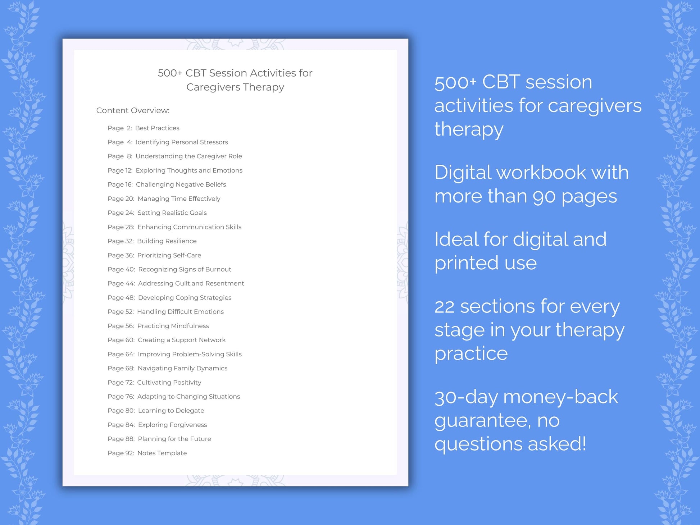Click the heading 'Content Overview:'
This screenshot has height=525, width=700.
pos(133,110)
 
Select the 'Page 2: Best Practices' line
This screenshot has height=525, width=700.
pos(143,128)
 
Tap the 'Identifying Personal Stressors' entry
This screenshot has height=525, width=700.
pos(182,142)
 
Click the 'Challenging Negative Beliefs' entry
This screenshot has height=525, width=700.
pos(181,184)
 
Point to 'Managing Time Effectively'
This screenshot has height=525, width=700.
pos(179,198)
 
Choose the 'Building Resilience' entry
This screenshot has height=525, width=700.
pos(167,241)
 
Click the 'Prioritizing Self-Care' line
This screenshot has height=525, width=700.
pos(169,255)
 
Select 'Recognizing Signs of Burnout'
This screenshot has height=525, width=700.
pos(185,269)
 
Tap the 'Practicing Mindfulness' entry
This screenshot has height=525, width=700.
pos(173,326)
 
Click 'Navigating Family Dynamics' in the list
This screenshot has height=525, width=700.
pos(182,368)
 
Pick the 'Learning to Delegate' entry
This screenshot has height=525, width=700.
pos(171,411)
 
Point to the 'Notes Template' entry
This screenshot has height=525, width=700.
pos(162,453)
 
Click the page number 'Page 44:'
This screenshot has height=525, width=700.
pos(121,283)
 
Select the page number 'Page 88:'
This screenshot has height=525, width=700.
pos(121,439)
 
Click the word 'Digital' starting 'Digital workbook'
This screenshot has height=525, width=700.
pos(462,173)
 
